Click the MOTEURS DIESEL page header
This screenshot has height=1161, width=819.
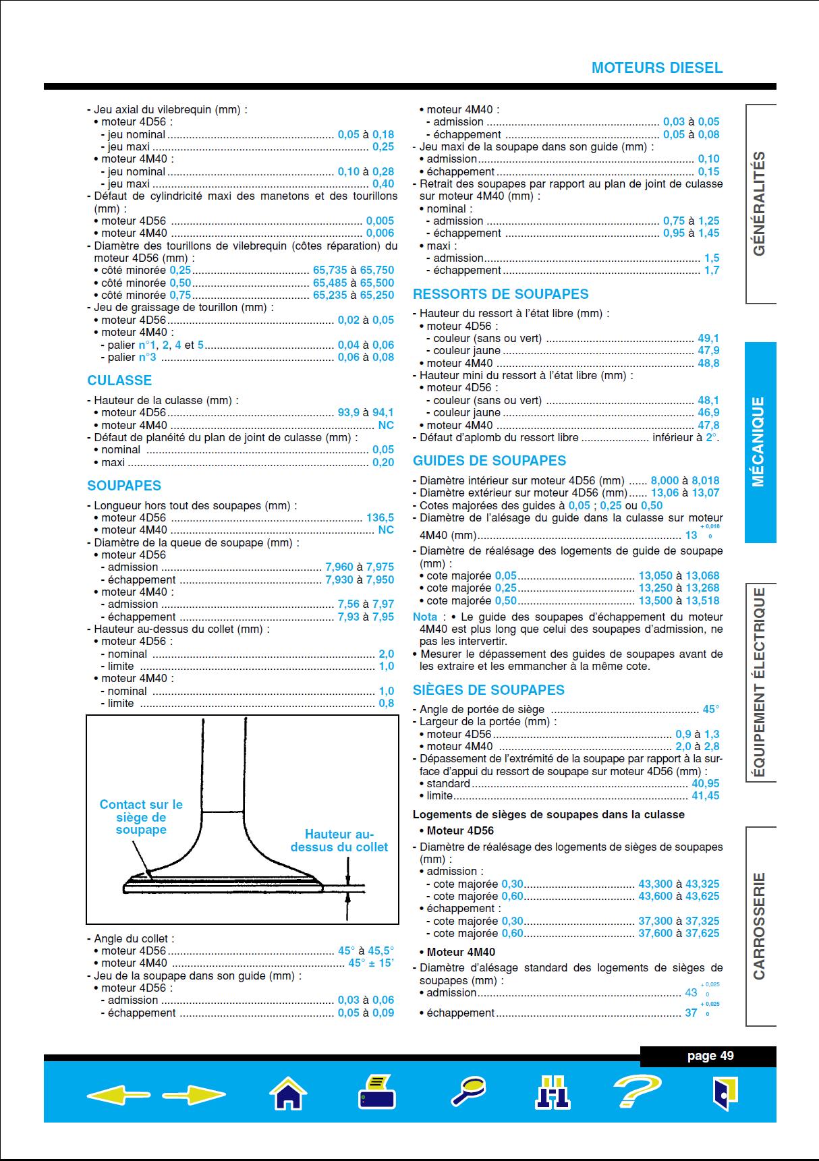656,68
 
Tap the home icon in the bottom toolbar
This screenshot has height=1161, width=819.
288,1092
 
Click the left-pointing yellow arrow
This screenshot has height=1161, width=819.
118,1094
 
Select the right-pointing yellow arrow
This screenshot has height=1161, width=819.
194,1094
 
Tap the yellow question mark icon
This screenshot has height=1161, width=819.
636,1091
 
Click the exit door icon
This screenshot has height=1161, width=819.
725,1092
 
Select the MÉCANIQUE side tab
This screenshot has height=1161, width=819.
760,442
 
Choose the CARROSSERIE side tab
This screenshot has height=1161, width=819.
760,926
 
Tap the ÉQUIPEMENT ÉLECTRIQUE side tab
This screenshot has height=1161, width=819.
760,682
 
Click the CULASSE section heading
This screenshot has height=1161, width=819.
119,380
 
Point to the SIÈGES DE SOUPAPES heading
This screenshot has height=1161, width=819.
488,690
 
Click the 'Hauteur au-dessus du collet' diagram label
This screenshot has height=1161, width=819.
339,841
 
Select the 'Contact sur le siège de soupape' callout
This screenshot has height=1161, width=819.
141,817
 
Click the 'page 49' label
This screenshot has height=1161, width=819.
710,1056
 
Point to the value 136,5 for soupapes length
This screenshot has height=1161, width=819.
380,518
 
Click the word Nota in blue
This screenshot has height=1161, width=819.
425,617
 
